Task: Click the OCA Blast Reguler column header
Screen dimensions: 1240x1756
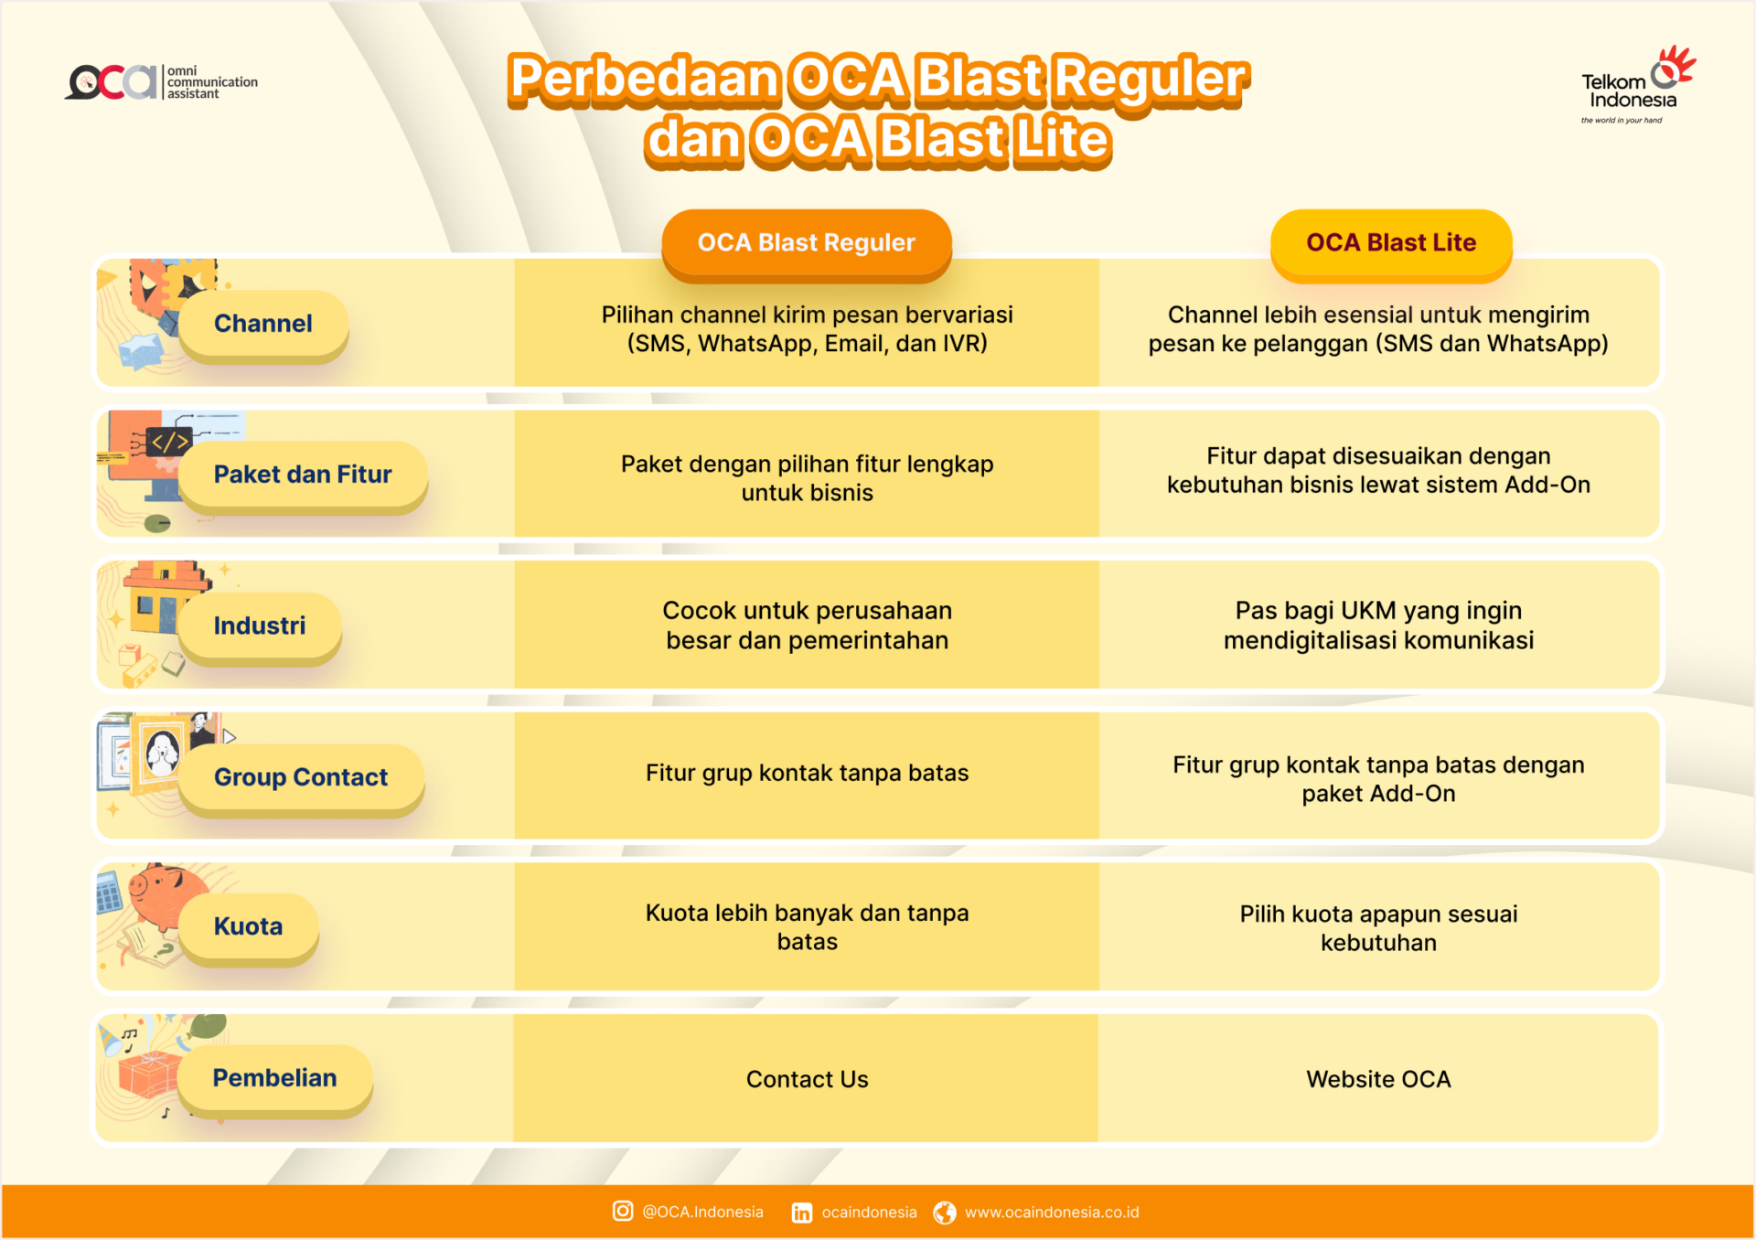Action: tap(806, 243)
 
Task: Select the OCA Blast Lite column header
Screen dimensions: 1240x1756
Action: tap(1390, 243)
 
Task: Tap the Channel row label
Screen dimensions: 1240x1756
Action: tap(263, 324)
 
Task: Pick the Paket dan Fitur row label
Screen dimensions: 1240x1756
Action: tap(303, 475)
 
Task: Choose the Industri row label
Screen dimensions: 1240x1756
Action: tap(260, 626)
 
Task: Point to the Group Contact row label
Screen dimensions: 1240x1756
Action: tap(301, 777)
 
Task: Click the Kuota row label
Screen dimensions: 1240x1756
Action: tap(249, 927)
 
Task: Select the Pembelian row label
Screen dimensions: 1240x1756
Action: tap(274, 1078)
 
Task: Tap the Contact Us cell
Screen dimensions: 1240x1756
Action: tap(807, 1080)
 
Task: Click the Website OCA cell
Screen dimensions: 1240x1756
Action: tap(1378, 1080)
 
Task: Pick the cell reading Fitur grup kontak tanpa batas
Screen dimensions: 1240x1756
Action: tap(807, 774)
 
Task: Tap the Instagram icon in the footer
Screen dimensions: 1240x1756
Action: tap(623, 1212)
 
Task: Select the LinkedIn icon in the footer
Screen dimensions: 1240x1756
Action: tap(801, 1213)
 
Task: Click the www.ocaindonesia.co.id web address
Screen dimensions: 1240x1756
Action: tap(1052, 1213)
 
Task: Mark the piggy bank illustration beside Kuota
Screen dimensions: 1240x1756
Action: tap(165, 892)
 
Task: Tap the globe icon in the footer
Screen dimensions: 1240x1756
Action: tap(945, 1213)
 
